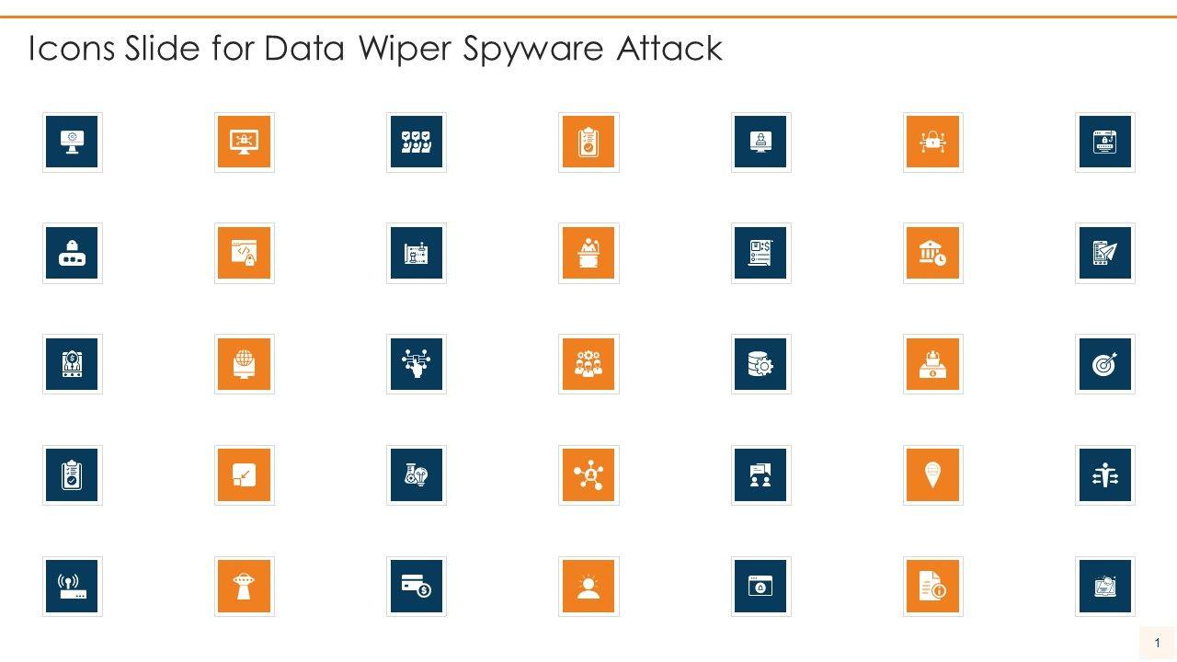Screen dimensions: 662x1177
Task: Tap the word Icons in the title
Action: click(x=70, y=50)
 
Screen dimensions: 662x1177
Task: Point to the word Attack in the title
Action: click(x=668, y=50)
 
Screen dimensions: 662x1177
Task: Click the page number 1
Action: click(x=1158, y=643)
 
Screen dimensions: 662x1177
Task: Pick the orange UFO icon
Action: click(x=244, y=587)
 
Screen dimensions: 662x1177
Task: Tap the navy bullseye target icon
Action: click(x=1104, y=364)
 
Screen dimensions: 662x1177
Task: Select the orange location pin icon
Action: click(x=932, y=475)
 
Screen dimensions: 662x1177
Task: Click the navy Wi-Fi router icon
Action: click(x=72, y=587)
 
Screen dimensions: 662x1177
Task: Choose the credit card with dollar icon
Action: click(x=416, y=587)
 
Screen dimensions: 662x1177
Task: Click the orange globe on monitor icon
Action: click(x=244, y=364)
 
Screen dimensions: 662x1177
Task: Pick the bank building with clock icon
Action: click(x=932, y=253)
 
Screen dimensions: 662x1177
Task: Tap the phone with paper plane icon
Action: click(x=1104, y=253)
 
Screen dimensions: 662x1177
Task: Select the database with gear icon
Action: click(x=760, y=364)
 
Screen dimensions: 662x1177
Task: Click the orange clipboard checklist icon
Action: click(x=588, y=143)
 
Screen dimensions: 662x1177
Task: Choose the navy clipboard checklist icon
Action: click(x=72, y=475)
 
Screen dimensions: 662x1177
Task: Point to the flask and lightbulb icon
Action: click(x=416, y=475)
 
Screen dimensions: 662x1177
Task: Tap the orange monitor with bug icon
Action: click(x=244, y=143)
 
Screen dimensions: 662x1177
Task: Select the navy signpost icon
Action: click(x=1104, y=475)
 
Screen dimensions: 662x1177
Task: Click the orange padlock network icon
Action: click(x=932, y=143)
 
